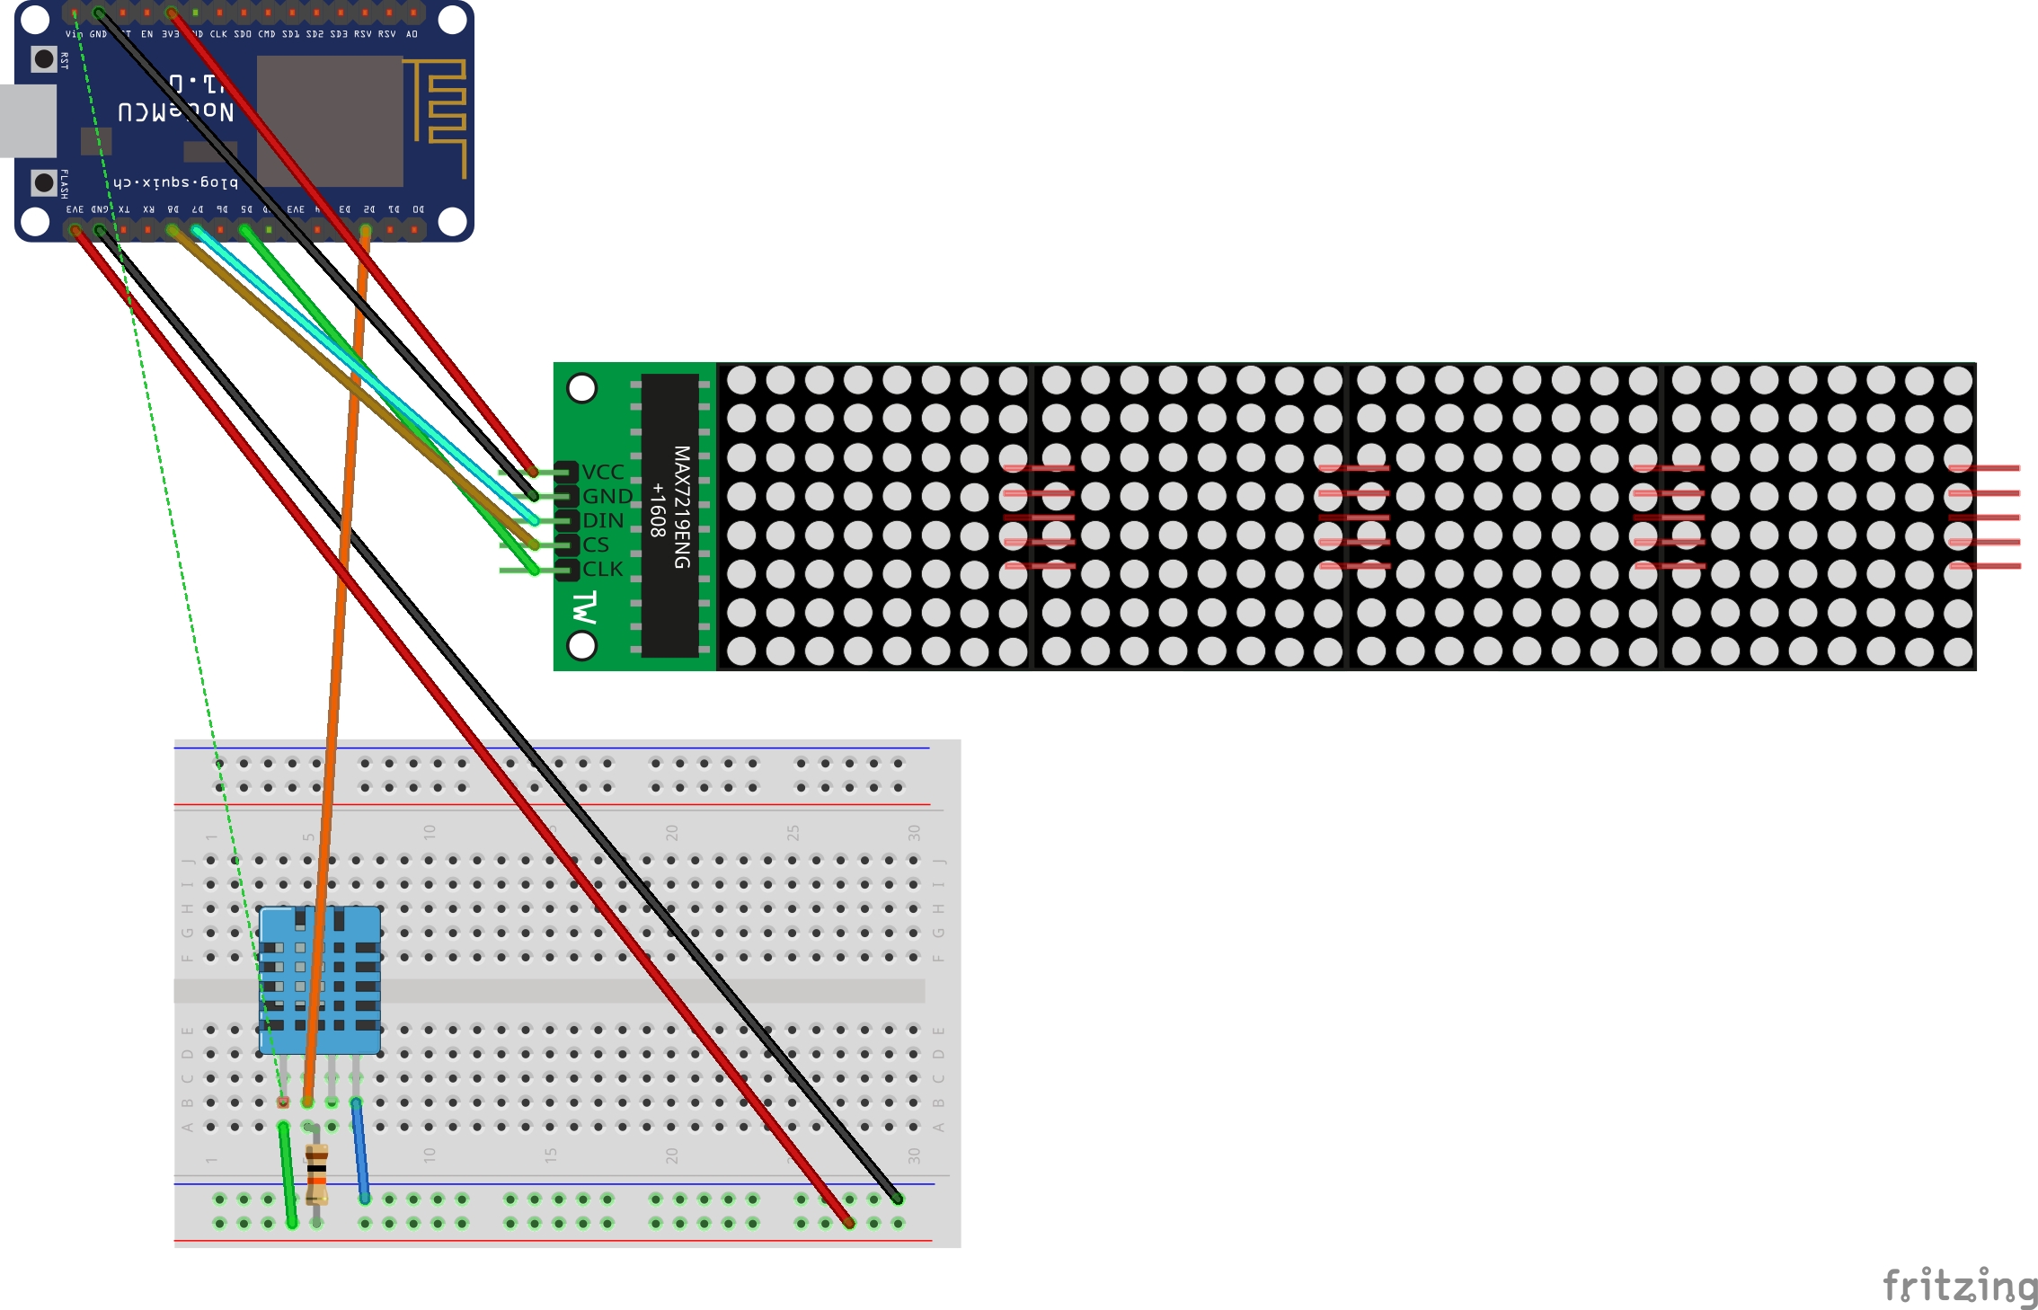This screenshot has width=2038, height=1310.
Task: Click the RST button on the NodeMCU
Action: click(x=43, y=59)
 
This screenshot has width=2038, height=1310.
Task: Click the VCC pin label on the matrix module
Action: click(x=603, y=472)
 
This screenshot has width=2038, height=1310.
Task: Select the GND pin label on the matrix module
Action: click(x=607, y=496)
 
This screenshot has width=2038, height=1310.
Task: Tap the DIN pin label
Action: click(x=603, y=520)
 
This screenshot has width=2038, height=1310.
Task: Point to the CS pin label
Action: click(x=596, y=544)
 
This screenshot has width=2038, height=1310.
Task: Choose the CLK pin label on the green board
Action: click(x=602, y=569)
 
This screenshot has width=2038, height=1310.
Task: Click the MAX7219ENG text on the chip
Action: click(x=682, y=508)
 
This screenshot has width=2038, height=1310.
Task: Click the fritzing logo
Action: click(x=1959, y=1285)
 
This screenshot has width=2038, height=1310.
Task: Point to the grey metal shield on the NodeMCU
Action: click(x=330, y=120)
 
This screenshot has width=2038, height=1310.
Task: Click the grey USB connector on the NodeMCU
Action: click(x=27, y=120)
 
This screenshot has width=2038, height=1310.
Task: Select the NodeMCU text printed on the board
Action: click(x=176, y=111)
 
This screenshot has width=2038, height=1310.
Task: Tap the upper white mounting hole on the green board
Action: click(x=582, y=388)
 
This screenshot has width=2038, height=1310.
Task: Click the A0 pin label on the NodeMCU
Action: click(x=412, y=34)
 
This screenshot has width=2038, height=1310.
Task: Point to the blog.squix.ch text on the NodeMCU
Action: click(x=176, y=182)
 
